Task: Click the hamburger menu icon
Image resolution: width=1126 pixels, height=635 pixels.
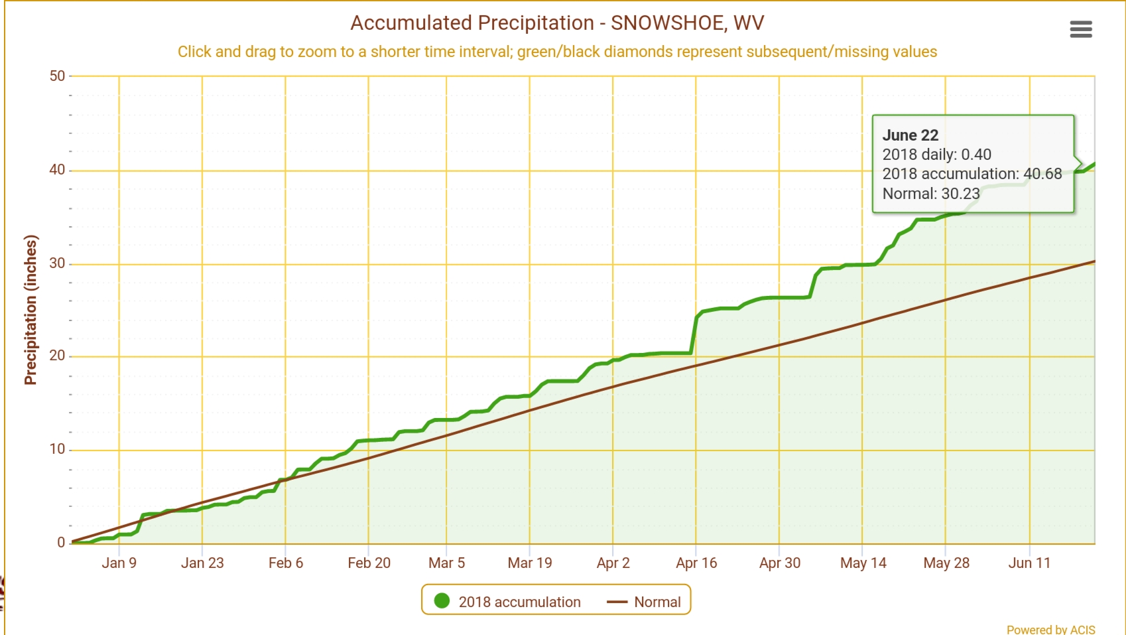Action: (1080, 29)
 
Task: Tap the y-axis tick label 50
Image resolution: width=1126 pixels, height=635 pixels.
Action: (58, 76)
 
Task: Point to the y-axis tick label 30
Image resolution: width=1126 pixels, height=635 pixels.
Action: (58, 263)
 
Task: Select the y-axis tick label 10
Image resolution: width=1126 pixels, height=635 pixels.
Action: (58, 449)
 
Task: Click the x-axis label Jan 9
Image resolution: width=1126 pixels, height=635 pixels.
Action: (119, 563)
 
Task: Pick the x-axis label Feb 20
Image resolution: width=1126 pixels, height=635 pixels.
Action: (369, 563)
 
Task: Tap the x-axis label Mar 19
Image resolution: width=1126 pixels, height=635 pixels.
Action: (530, 563)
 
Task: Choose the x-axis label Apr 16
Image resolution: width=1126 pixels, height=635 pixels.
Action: (696, 563)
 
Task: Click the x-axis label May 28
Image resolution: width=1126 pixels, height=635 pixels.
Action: (946, 563)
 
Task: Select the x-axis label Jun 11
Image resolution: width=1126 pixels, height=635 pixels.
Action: (1029, 563)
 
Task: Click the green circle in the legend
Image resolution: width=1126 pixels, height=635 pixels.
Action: (442, 601)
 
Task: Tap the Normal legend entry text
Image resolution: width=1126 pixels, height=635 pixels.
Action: (657, 602)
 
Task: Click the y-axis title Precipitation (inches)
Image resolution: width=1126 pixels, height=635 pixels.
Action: (31, 310)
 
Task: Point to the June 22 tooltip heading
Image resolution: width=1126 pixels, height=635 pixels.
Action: (910, 135)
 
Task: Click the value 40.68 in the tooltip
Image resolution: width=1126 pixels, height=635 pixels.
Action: (1042, 174)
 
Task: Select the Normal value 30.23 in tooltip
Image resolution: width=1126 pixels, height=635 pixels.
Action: (960, 194)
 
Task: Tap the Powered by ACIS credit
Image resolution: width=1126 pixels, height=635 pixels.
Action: (1050, 629)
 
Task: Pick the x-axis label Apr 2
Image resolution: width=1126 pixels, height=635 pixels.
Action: (613, 563)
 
